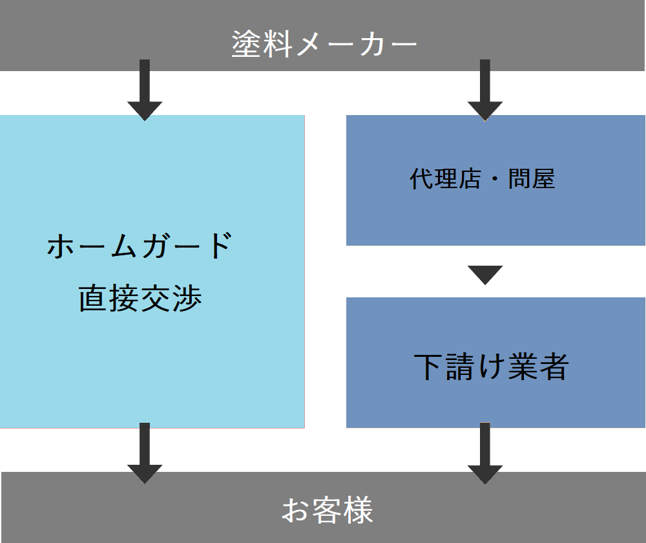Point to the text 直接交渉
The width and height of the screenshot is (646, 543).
(141, 298)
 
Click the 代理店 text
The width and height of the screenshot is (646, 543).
(445, 179)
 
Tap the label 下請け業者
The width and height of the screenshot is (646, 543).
(491, 367)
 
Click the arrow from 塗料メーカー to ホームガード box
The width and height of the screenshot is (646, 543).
(145, 90)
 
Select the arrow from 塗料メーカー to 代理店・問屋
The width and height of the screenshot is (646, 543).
(485, 90)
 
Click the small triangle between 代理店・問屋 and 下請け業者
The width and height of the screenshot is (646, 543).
(485, 275)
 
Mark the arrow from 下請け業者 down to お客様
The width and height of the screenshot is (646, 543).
(485, 452)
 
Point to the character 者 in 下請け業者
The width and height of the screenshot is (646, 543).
(553, 367)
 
